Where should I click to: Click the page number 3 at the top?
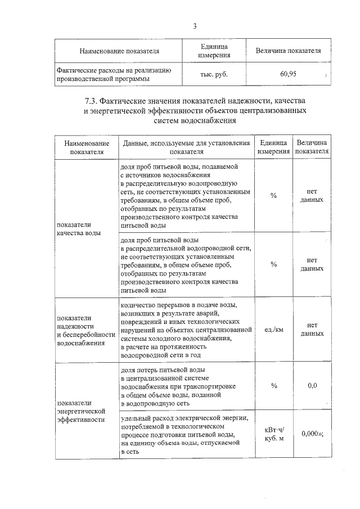(195, 26)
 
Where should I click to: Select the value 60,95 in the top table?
(289, 74)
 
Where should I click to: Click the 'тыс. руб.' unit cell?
(214, 74)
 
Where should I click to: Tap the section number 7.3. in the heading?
(93, 101)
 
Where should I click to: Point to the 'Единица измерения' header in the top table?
(214, 51)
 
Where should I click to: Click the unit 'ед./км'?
(273, 330)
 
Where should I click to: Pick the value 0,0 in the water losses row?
(312, 385)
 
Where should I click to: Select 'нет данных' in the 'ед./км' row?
(312, 330)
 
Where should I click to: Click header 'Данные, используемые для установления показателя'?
(186, 148)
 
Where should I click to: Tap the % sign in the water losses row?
(273, 385)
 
